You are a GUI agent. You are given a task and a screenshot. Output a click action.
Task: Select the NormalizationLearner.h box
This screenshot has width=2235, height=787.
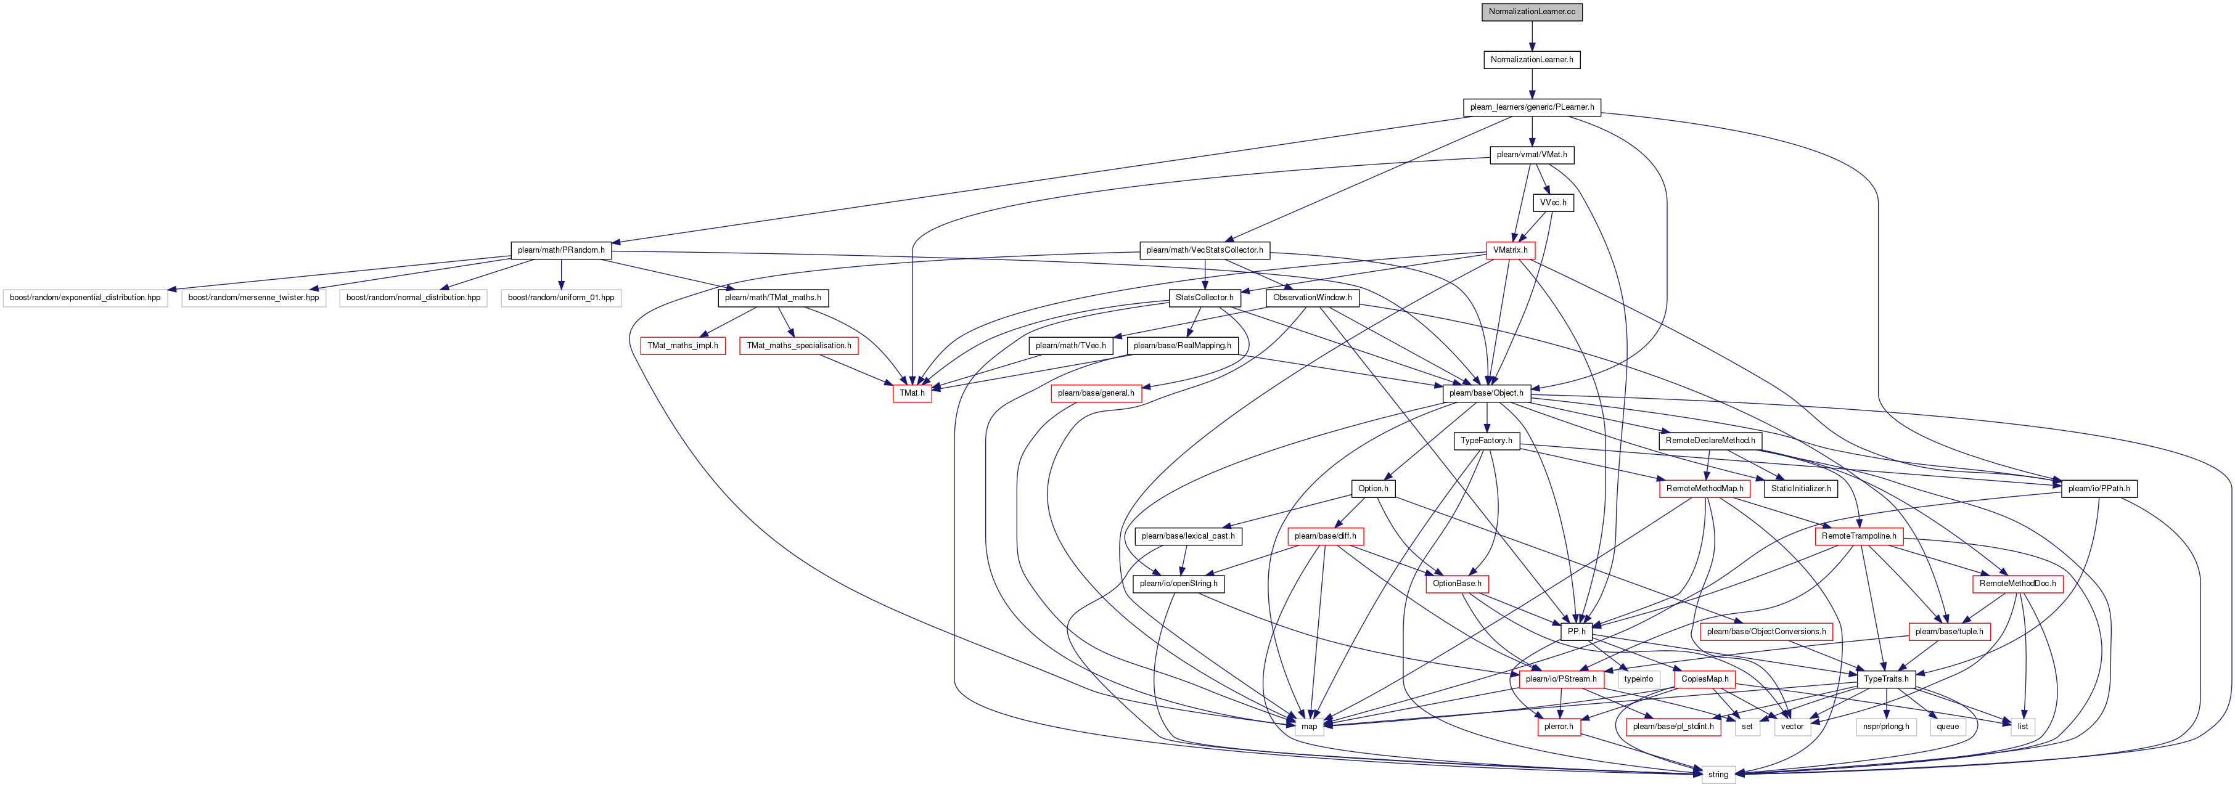point(1532,60)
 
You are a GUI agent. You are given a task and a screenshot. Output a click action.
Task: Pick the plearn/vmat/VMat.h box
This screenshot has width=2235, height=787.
point(1532,155)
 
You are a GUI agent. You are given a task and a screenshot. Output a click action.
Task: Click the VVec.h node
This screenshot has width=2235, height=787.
point(1552,203)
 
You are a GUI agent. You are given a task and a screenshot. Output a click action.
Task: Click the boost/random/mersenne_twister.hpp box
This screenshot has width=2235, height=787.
point(253,298)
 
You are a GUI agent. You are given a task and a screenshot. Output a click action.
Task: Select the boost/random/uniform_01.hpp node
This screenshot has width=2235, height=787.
point(560,298)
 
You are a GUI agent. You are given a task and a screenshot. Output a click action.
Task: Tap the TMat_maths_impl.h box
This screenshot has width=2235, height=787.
point(683,345)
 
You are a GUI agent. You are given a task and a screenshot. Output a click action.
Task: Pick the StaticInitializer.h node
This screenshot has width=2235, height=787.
point(1800,489)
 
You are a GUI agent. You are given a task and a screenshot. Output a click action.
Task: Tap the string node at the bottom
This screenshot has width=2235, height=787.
point(1718,775)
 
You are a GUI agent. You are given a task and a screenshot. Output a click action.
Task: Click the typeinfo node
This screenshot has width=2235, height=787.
point(1638,679)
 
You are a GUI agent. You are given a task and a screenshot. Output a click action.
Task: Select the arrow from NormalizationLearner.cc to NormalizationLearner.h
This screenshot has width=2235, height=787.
point(1532,36)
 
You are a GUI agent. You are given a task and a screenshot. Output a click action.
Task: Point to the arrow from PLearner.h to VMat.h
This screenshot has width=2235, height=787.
point(1532,131)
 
